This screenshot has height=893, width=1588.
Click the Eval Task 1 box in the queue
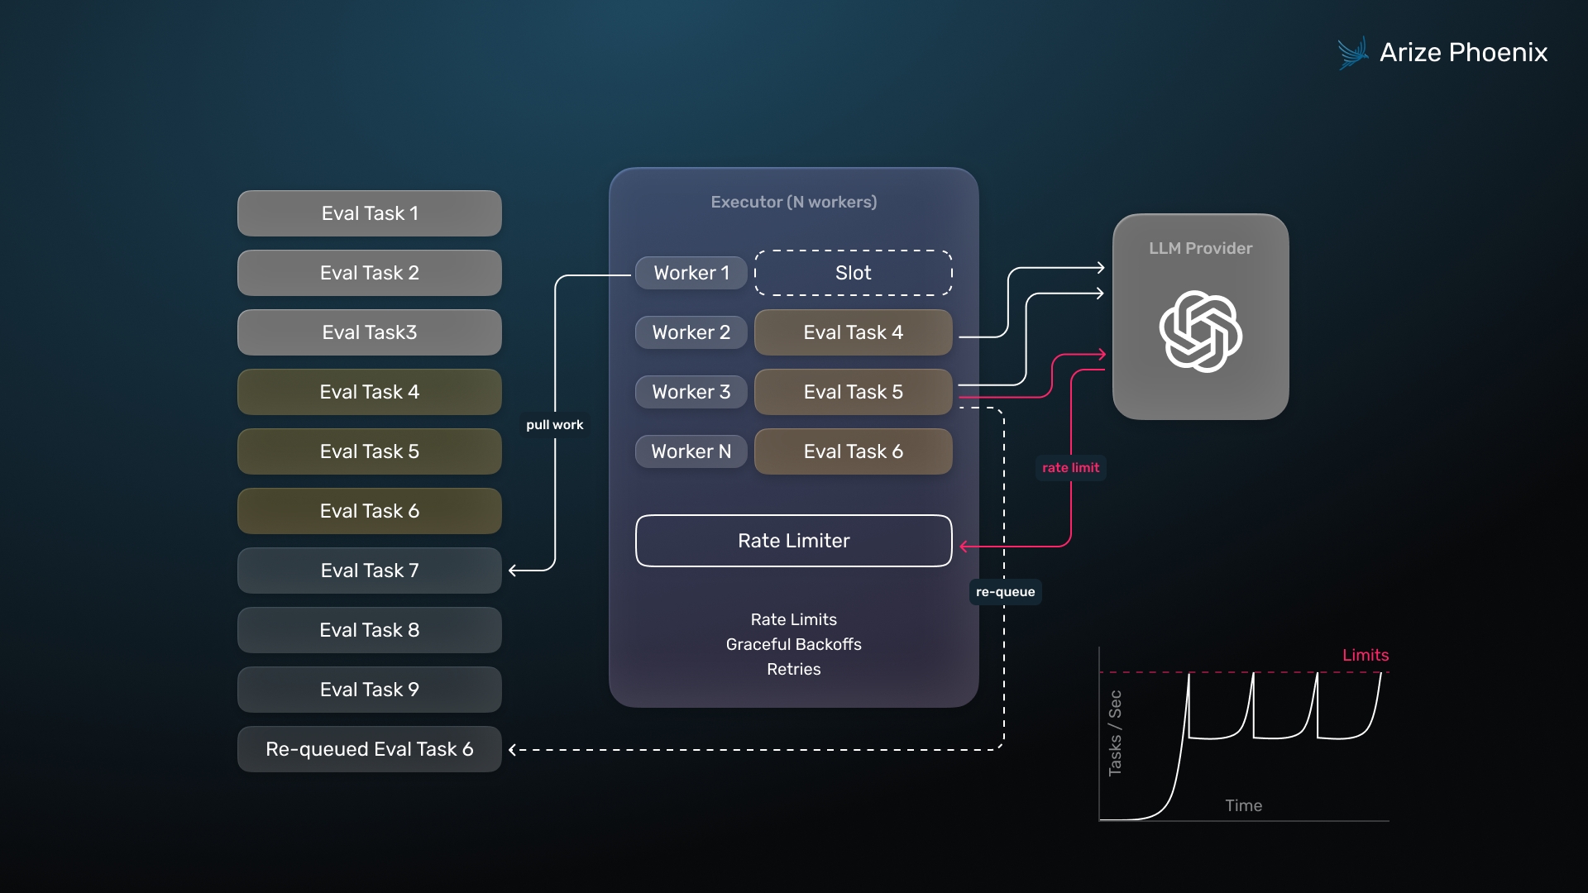[x=369, y=213]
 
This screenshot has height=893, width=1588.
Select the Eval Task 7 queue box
[x=369, y=571]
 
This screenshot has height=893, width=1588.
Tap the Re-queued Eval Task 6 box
[x=369, y=749]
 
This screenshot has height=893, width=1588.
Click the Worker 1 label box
[x=691, y=273]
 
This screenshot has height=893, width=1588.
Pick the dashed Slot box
[x=853, y=273]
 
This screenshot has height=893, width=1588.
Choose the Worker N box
[x=691, y=451]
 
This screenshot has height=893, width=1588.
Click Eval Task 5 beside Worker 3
[x=853, y=392]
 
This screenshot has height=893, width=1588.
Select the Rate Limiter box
[x=793, y=541]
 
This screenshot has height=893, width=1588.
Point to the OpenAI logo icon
[x=1200, y=331]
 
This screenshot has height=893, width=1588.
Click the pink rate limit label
[x=1070, y=468]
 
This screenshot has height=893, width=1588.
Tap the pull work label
[x=554, y=425]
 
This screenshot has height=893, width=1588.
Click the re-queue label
[x=1005, y=592]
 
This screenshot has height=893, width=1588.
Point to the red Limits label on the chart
[x=1365, y=655]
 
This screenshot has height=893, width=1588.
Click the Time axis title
[x=1243, y=805]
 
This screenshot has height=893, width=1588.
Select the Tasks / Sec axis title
[x=1115, y=733]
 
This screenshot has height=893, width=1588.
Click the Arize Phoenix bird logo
[x=1353, y=53]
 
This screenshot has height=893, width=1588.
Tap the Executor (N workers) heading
[x=793, y=202]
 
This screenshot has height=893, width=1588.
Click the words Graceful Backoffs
[x=793, y=644]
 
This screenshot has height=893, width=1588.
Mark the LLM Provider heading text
[x=1200, y=248]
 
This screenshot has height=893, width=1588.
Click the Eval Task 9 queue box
[x=369, y=690]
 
